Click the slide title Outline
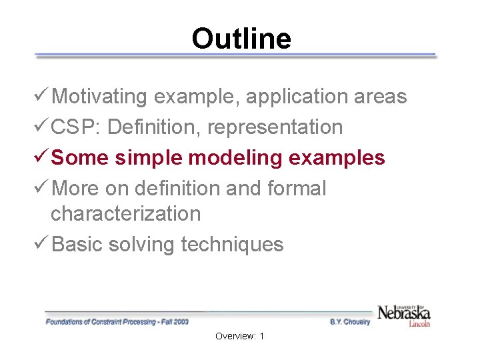[x=241, y=39]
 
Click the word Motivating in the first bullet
[x=99, y=97]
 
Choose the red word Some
[x=80, y=158]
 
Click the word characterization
[x=125, y=214]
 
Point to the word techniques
[x=232, y=245]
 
